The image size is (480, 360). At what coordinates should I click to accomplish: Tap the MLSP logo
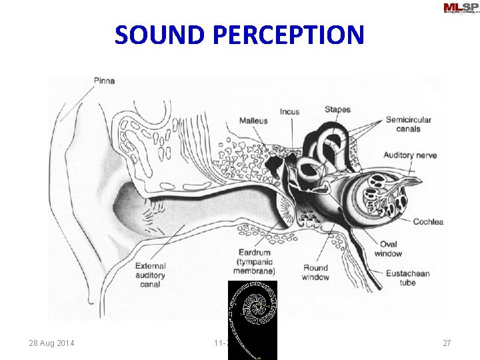coord(460,8)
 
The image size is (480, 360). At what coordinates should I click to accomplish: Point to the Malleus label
coord(253,121)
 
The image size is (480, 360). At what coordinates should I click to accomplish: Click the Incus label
coord(289,112)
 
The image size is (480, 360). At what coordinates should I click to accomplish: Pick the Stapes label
coord(338,109)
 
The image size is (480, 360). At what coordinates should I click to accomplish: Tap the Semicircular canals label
coord(408,124)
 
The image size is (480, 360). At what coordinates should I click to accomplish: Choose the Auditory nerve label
coord(410,155)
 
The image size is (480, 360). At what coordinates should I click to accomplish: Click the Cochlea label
coord(428,222)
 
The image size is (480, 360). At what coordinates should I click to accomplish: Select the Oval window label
coord(388,249)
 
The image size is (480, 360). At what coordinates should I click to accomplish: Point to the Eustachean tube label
coord(407,278)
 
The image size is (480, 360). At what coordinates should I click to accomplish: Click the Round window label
coord(315,272)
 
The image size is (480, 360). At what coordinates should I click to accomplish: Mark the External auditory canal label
coord(149,275)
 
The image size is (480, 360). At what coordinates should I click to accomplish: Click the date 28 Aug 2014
coord(51,343)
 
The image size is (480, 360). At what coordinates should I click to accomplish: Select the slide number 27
coord(447,343)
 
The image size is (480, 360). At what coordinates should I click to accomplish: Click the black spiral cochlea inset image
coord(252,310)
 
